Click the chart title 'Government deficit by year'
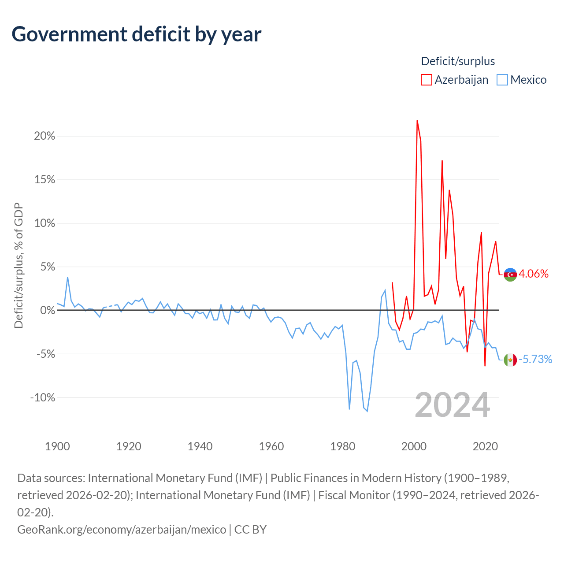click(x=136, y=34)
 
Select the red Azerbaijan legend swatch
click(x=426, y=80)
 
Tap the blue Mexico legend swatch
click(x=502, y=80)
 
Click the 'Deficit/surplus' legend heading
click(x=458, y=61)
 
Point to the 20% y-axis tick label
click(x=45, y=136)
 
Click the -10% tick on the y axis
click(x=43, y=397)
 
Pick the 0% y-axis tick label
click(x=48, y=310)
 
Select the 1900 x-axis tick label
click(x=57, y=446)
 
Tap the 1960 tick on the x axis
click(x=271, y=446)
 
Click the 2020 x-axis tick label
click(x=485, y=446)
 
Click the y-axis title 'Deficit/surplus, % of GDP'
click(x=19, y=265)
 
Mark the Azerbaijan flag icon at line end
click(x=510, y=275)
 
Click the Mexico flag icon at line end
click(x=510, y=360)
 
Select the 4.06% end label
click(x=534, y=274)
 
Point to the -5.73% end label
click(x=535, y=359)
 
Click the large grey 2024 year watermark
click(x=453, y=405)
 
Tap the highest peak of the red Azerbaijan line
click(x=417, y=121)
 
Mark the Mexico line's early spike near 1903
click(x=67, y=277)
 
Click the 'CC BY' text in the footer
click(x=250, y=530)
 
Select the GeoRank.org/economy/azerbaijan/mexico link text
click(x=122, y=530)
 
